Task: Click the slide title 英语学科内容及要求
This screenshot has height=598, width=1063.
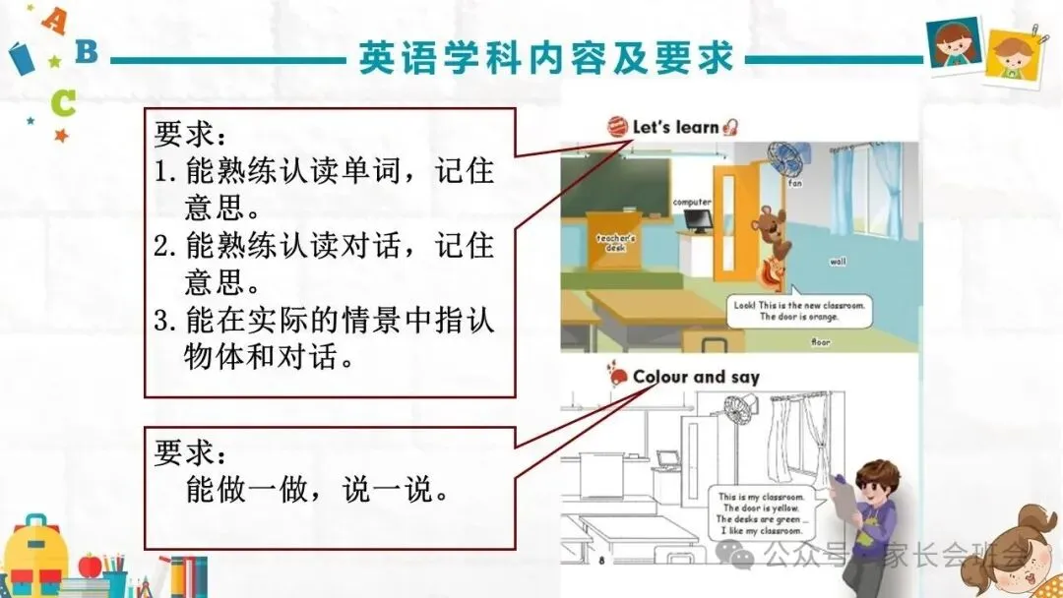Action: pyautogui.click(x=547, y=58)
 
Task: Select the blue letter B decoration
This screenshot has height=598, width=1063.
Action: pyautogui.click(x=88, y=50)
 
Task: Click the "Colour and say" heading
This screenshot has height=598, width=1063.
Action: pyautogui.click(x=696, y=377)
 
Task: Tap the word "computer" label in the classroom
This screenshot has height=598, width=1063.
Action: pyautogui.click(x=692, y=202)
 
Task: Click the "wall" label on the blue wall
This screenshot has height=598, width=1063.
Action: pyautogui.click(x=838, y=262)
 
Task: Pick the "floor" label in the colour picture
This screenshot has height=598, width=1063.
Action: pyautogui.click(x=820, y=342)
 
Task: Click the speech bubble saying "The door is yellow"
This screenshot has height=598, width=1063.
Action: pyautogui.click(x=762, y=511)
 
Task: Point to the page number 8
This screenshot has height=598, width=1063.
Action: pyautogui.click(x=601, y=561)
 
